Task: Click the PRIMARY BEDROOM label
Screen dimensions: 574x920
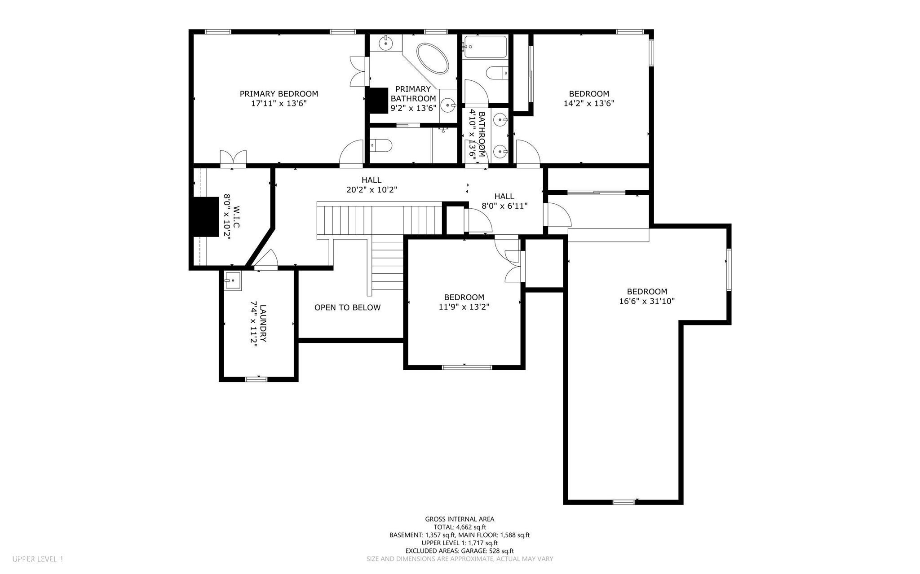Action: point(279,94)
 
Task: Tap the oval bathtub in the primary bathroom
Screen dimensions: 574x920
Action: point(433,59)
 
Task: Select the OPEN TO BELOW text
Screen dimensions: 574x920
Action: point(347,307)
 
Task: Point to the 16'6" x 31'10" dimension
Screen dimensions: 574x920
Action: point(647,301)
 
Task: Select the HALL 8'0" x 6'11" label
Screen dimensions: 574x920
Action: point(504,201)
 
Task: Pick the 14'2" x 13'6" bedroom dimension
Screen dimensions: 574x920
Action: point(589,103)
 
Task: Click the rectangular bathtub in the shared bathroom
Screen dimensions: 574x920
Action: point(485,47)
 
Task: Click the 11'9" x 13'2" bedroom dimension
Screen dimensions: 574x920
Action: point(464,307)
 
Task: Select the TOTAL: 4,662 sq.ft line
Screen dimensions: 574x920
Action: point(460,527)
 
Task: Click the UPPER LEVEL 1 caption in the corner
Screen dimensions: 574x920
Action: point(38,559)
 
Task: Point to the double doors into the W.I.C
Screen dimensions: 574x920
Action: point(233,159)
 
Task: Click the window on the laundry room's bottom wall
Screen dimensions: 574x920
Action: point(256,379)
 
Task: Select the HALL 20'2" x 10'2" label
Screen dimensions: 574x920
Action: point(371,185)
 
